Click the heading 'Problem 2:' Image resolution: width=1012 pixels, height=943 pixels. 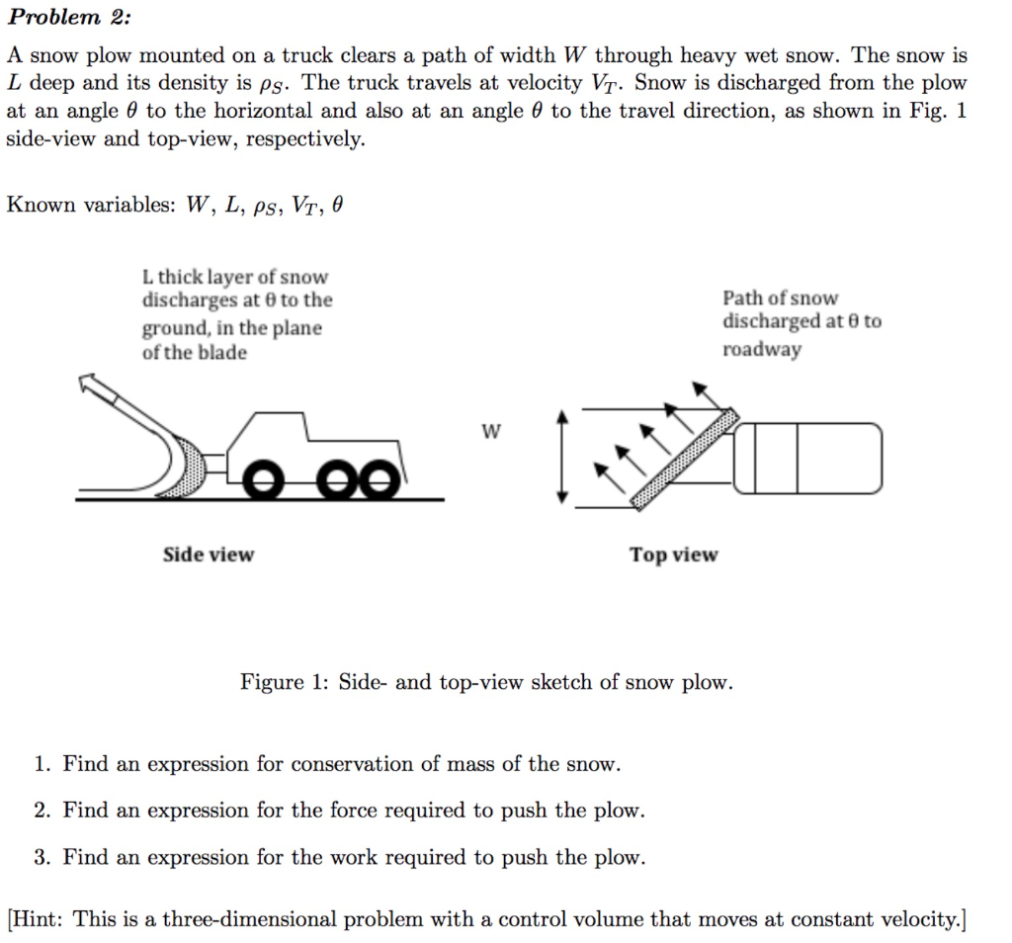coord(68,17)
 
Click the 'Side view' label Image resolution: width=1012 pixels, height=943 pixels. coord(208,555)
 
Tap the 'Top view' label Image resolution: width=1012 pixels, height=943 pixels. coord(674,556)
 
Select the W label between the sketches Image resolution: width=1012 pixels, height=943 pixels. coord(491,432)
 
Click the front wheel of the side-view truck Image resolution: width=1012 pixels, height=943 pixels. coord(264,481)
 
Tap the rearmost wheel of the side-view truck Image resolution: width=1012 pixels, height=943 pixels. coord(381,481)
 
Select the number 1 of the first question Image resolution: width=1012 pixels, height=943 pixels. coord(41,764)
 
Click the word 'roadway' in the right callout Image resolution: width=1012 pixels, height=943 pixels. coord(762,349)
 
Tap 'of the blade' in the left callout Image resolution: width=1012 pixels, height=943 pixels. coord(195,353)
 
